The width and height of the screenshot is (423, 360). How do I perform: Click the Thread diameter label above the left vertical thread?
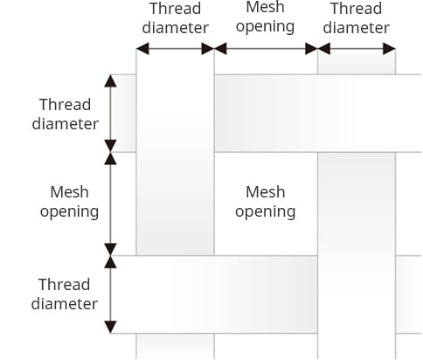175,17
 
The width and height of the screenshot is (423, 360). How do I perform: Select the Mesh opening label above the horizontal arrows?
266,17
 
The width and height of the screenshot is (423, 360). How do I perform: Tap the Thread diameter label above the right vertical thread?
356,17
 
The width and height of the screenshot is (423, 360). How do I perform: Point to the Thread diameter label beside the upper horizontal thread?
65,114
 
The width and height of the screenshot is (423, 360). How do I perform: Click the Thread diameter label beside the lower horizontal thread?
65,294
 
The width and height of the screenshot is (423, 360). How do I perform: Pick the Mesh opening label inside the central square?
266,201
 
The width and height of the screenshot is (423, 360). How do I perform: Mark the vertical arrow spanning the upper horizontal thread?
110,114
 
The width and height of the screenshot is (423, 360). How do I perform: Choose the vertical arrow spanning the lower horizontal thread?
110,294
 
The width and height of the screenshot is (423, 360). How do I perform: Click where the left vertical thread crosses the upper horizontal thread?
175,114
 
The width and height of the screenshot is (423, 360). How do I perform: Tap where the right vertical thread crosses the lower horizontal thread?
356,294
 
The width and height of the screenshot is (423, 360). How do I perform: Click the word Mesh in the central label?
266,191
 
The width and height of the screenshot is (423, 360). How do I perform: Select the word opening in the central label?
266,211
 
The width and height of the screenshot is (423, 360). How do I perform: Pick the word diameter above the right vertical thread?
356,27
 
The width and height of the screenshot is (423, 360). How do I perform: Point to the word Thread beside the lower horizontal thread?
65,285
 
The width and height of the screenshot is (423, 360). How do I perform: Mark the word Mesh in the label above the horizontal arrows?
266,7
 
